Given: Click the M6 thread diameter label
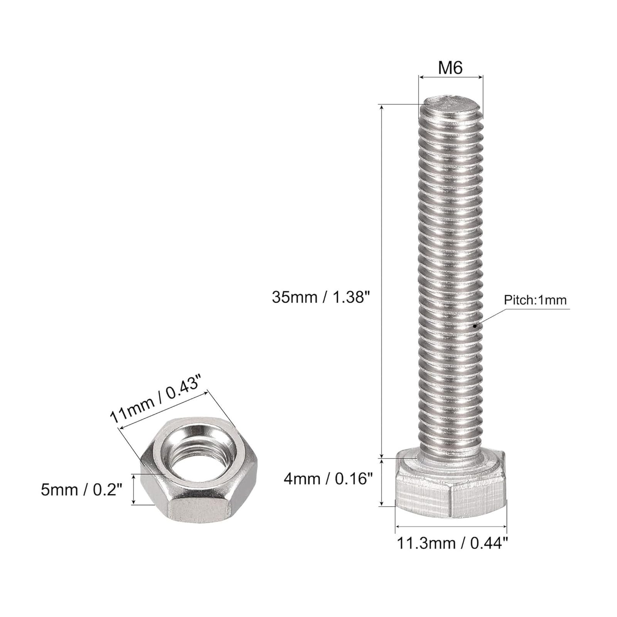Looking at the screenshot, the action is (450, 68).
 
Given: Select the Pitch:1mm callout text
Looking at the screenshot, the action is (535, 300).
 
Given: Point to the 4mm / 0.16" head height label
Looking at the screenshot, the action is (328, 479).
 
